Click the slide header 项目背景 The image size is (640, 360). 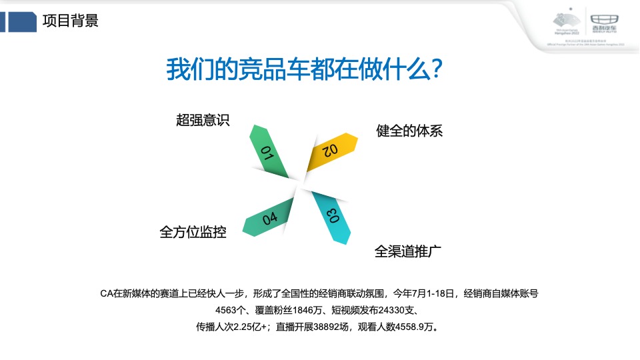coord(70,21)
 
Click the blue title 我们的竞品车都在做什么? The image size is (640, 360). coord(303,69)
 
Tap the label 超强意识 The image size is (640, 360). coord(203,120)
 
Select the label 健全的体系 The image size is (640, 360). coord(409,131)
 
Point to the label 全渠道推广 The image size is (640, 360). coord(409,251)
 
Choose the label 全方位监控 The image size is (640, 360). coord(193,232)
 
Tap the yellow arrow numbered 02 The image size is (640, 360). coord(331,151)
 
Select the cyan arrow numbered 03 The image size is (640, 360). coord(333,217)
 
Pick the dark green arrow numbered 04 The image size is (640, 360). coord(269,217)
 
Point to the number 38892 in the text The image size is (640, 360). coord(329,327)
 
